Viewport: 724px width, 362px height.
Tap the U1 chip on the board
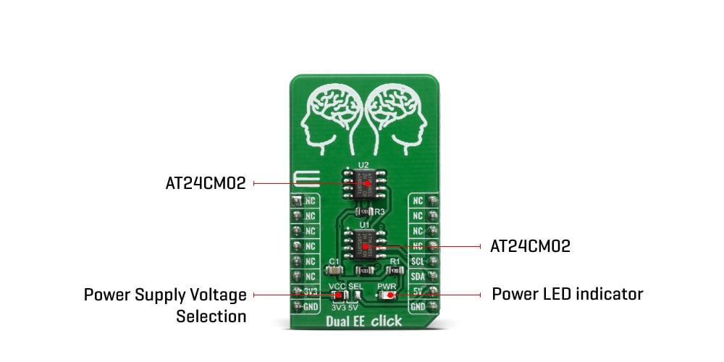coord(364,245)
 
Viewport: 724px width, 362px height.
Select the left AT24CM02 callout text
coord(206,184)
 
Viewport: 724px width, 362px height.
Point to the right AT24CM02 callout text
coord(530,246)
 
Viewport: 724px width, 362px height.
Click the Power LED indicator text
coord(567,294)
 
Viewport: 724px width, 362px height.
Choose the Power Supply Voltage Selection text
coord(165,305)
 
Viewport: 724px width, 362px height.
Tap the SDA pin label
coord(418,277)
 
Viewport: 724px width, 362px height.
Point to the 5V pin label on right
coord(418,292)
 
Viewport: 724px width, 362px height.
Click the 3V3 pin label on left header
coord(311,292)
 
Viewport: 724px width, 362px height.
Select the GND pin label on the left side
coord(311,307)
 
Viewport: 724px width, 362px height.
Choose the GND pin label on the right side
coord(418,307)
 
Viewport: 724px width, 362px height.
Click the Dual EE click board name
coord(365,321)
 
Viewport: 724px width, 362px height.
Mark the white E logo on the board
coord(301,180)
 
